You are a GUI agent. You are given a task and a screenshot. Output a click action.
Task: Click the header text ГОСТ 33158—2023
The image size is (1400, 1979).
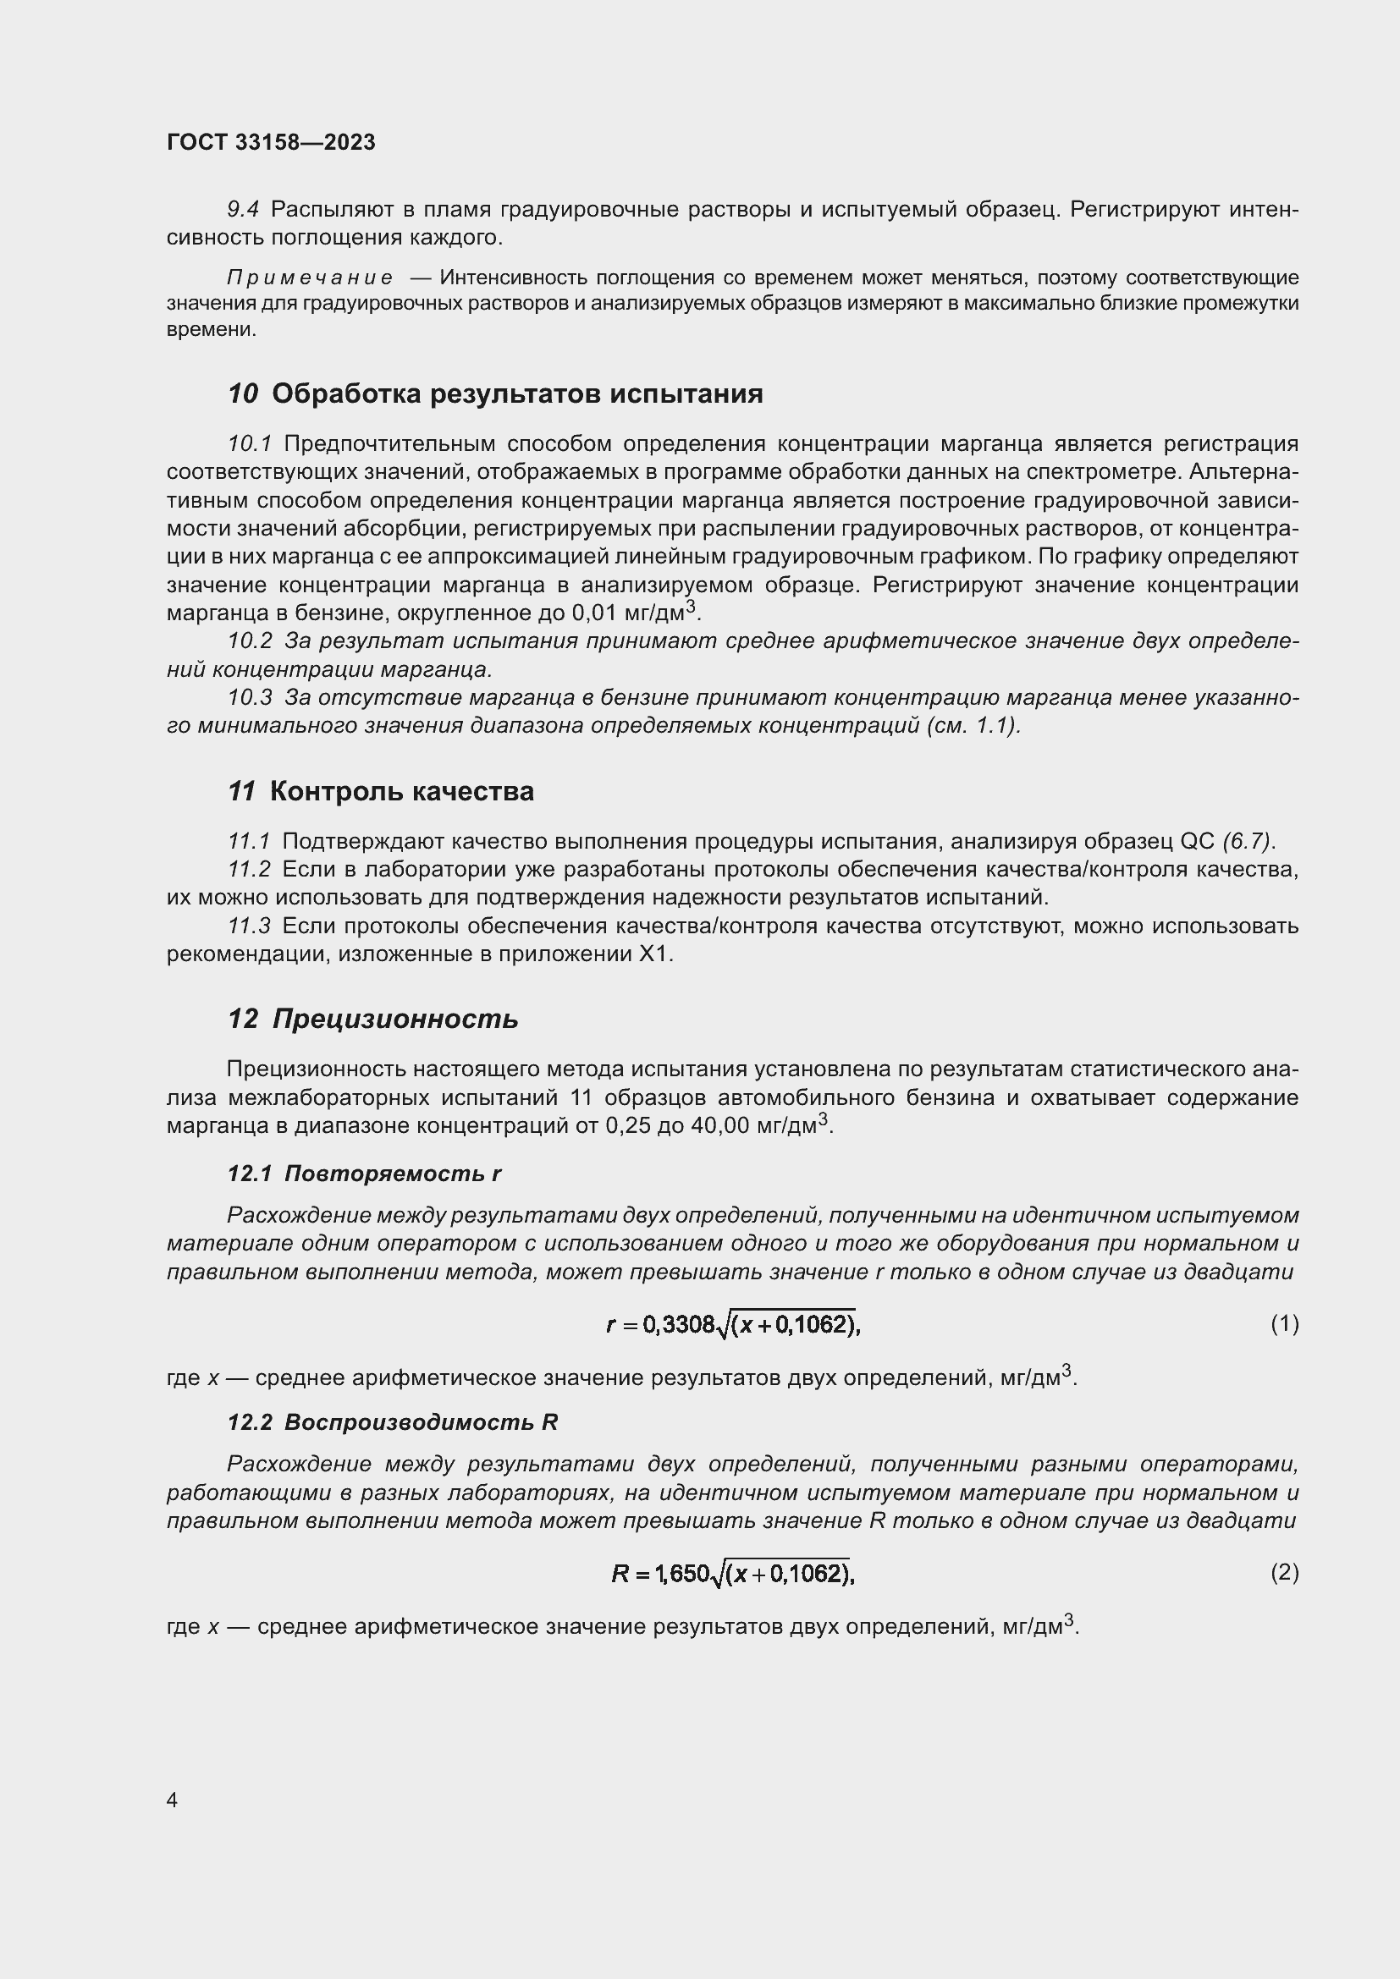coord(271,142)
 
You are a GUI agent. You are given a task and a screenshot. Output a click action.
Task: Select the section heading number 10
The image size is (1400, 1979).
coord(243,394)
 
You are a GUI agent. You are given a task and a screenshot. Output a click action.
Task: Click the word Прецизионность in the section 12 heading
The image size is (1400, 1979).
coord(395,1019)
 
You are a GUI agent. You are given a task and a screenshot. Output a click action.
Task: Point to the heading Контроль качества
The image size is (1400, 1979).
coord(402,791)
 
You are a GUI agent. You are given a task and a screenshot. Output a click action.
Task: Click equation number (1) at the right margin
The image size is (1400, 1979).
coord(1285,1323)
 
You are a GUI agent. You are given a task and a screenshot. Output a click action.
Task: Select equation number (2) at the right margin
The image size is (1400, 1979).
coord(1285,1573)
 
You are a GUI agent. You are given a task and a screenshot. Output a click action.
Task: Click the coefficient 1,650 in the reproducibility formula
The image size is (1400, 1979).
coord(682,1574)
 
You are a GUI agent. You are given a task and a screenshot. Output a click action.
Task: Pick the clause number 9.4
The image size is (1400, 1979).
coord(243,210)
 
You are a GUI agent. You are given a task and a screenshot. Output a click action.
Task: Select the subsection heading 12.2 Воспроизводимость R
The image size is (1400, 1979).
coord(393,1422)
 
